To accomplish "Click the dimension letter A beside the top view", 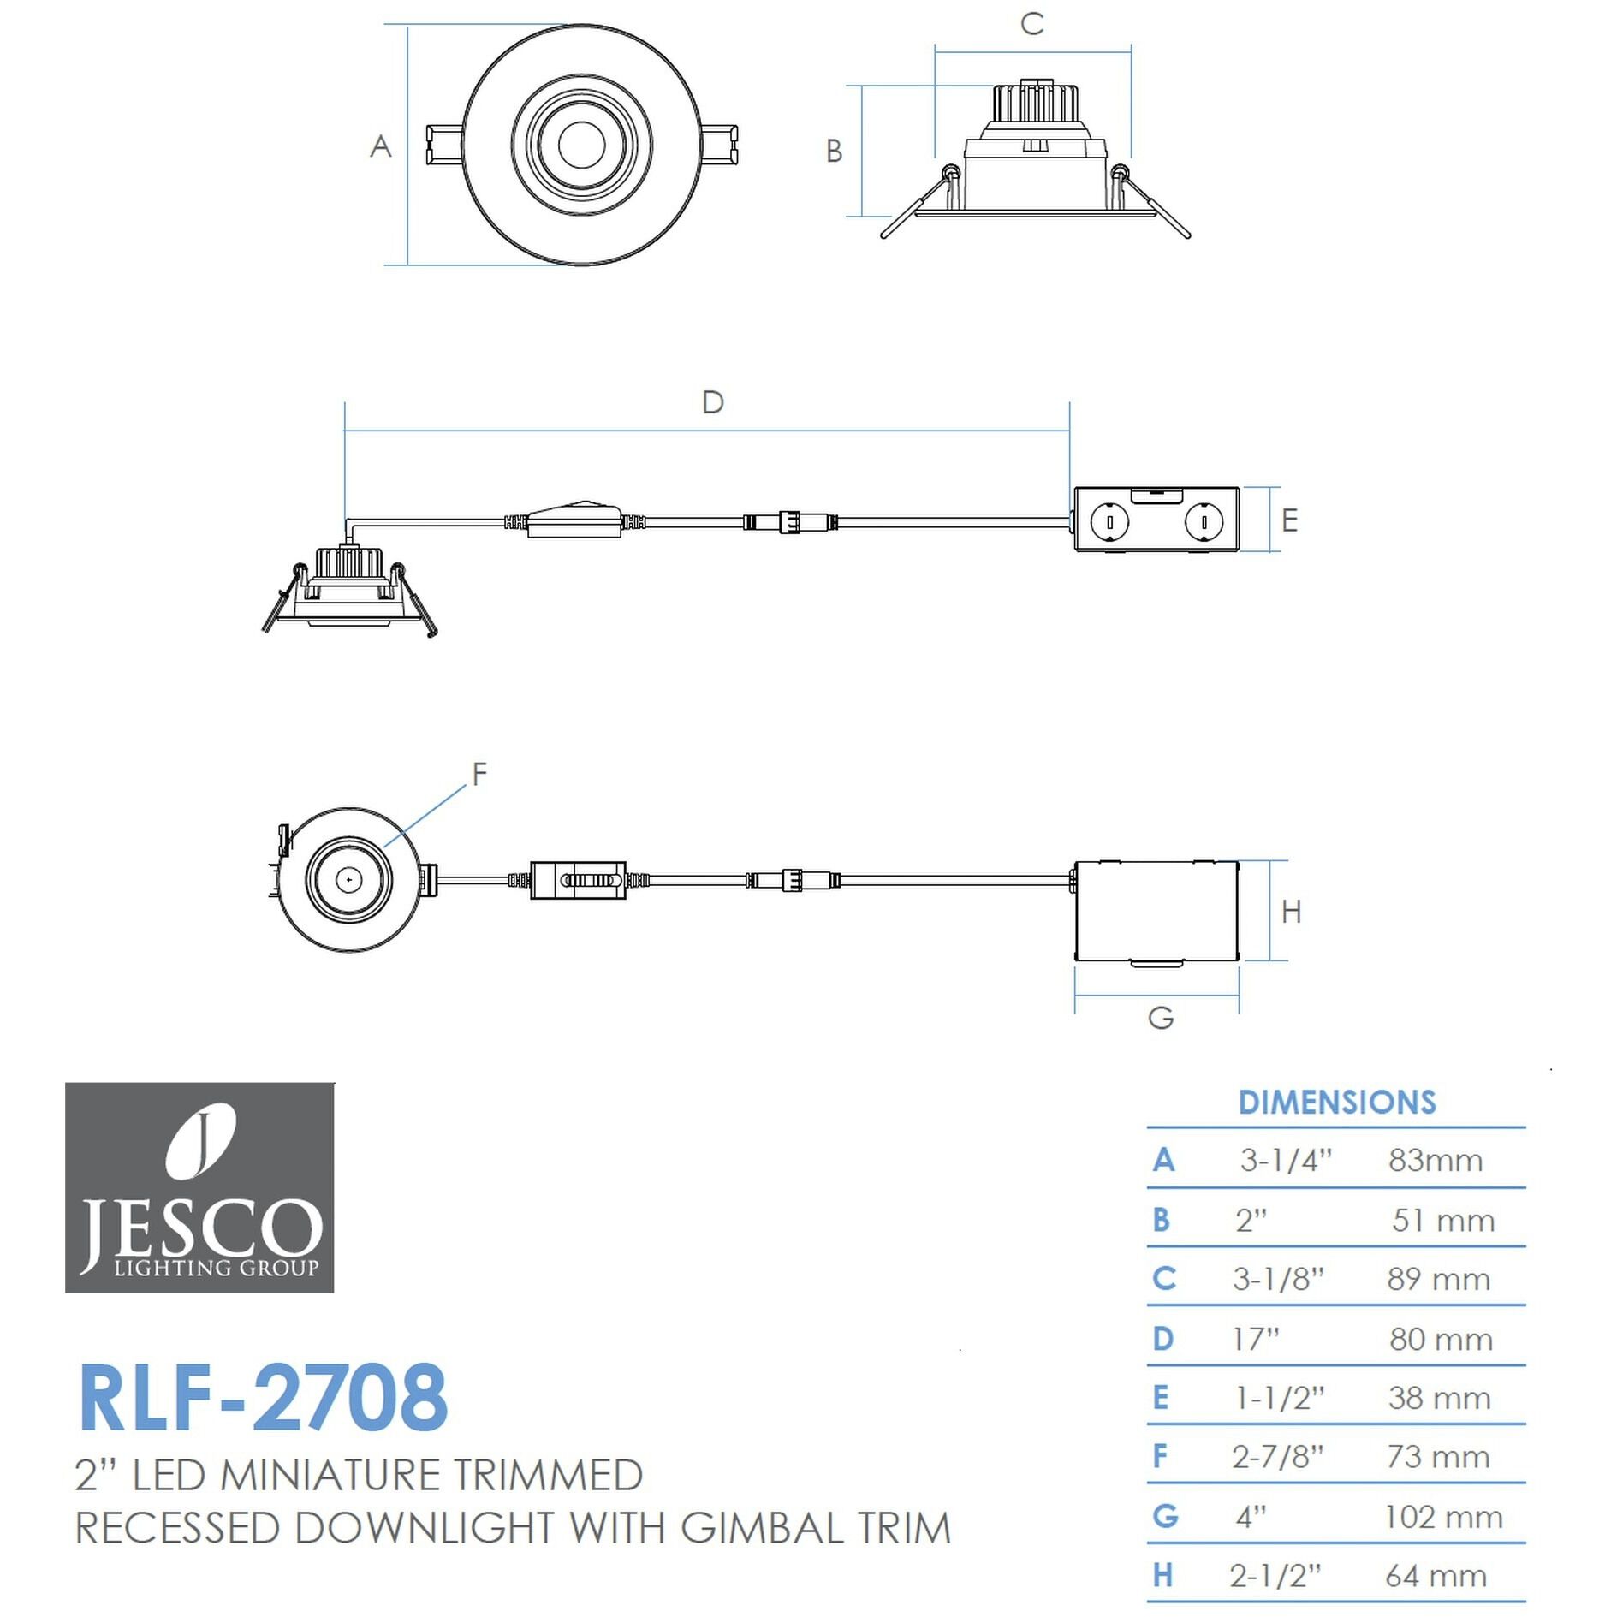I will [x=380, y=146].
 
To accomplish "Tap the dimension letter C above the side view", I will [x=1032, y=24].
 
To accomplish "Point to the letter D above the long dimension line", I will [x=712, y=401].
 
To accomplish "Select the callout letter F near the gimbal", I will [x=479, y=773].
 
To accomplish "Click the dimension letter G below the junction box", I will [x=1160, y=1018].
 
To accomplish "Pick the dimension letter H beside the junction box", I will [x=1291, y=912].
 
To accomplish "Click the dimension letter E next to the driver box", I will [x=1289, y=520].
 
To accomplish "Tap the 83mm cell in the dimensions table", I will [x=1435, y=1160].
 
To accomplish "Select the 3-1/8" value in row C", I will [x=1277, y=1278].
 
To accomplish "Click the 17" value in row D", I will [x=1255, y=1338].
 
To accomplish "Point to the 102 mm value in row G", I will [x=1442, y=1517].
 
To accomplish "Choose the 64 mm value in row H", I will [x=1436, y=1575].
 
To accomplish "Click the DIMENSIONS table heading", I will [x=1336, y=1102].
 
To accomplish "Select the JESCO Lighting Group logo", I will [x=199, y=1187].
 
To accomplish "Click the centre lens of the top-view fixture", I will [x=581, y=145].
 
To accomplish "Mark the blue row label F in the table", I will [x=1160, y=1455].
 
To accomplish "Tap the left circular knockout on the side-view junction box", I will [x=1109, y=520].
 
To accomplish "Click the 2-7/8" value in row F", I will [x=1277, y=1456].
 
